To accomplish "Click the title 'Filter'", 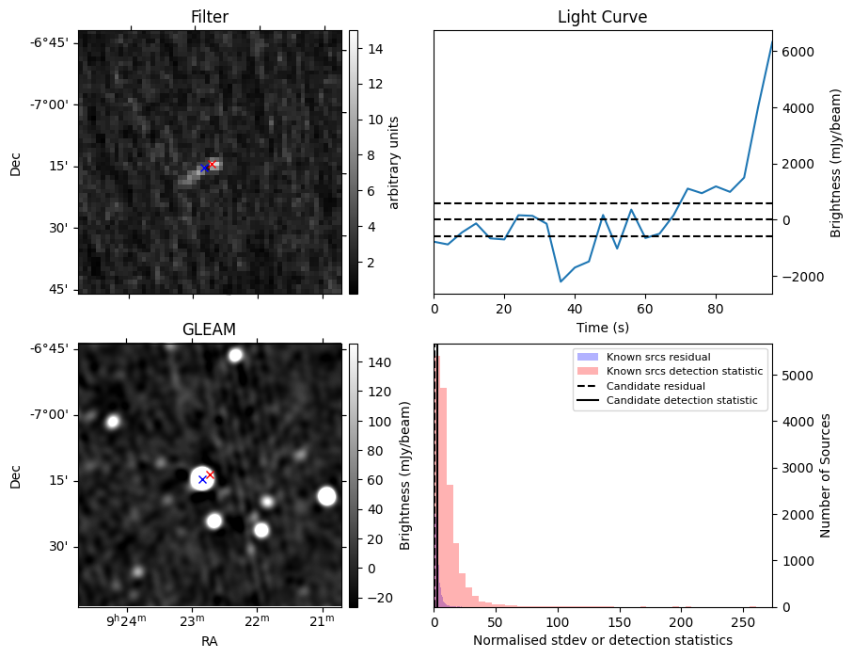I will [209, 17].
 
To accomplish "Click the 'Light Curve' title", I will [602, 17].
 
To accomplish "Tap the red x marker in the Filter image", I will [212, 164].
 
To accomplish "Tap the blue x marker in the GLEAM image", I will [202, 480].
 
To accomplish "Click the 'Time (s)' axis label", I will [602, 328].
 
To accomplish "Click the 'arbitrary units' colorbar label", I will [394, 162].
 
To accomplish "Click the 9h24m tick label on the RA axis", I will [126, 621].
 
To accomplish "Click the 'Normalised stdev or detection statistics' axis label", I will [602, 640].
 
